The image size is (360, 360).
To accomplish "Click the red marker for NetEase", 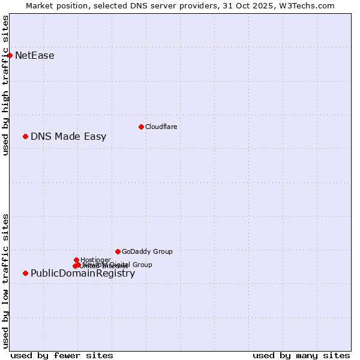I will pyautogui.click(x=10, y=56).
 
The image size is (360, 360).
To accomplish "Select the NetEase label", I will pyautogui.click(x=35, y=56).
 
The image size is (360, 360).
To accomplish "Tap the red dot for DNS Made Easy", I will pyautogui.click(x=25, y=136).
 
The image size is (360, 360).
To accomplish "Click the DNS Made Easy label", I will pyautogui.click(x=68, y=136).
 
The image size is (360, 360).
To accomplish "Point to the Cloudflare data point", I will pyautogui.click(x=141, y=127).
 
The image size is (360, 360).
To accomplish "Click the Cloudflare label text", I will pyautogui.click(x=161, y=127).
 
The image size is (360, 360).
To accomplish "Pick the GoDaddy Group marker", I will pyautogui.click(x=118, y=251).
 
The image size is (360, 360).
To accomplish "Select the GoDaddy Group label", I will pyautogui.click(x=147, y=251).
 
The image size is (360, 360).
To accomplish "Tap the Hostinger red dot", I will pyautogui.click(x=76, y=260).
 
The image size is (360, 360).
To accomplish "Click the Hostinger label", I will pyautogui.click(x=95, y=260).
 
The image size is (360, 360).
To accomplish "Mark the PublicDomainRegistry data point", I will pyautogui.click(x=25, y=273).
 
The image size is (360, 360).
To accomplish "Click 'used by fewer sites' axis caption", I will pyautogui.click(x=62, y=355).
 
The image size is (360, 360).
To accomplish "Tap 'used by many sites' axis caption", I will pyautogui.click(x=301, y=355).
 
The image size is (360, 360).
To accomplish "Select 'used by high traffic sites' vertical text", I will pyautogui.click(x=5, y=85).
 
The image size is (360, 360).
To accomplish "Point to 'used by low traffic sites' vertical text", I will pyautogui.click(x=5, y=281).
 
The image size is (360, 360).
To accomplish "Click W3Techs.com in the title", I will pyautogui.click(x=310, y=5).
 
